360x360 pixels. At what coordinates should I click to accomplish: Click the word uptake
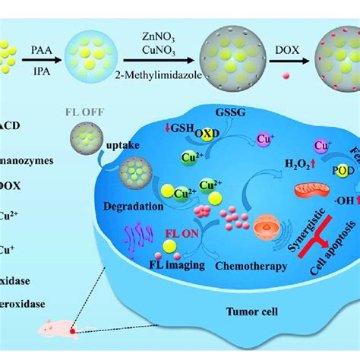coord(108,148)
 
